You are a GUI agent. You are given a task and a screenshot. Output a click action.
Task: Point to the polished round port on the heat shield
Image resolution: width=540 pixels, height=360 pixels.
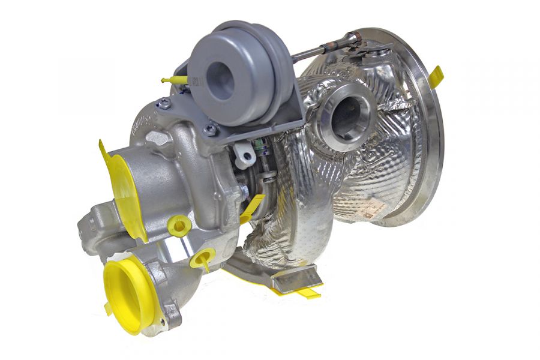348,115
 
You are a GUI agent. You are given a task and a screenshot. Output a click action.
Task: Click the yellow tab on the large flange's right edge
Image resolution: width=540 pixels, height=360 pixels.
436,76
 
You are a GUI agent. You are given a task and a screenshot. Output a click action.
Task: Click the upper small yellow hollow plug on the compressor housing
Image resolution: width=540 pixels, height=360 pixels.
179,226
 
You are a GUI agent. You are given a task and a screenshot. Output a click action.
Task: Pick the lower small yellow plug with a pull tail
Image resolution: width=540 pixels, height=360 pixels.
202,259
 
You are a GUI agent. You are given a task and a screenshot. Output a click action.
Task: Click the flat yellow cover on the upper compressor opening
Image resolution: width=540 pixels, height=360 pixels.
123,186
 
